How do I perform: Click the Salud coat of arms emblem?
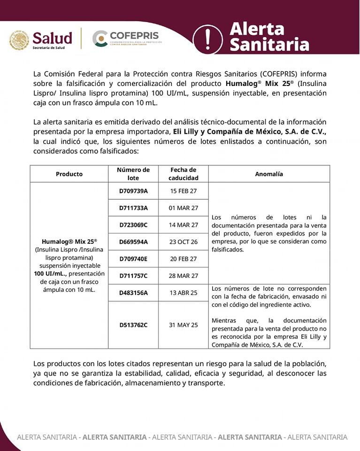[19, 40]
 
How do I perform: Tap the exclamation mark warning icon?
[207, 39]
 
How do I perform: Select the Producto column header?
[69, 174]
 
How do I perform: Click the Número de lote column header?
[133, 174]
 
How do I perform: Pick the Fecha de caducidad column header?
[183, 174]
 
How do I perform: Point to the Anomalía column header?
[269, 174]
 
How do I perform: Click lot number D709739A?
[133, 191]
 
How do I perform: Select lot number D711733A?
[133, 208]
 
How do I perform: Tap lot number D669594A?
[133, 241]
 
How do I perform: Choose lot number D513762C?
[133, 325]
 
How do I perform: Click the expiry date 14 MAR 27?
[183, 225]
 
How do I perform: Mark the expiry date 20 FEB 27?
[183, 258]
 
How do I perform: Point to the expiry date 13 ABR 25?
[183, 293]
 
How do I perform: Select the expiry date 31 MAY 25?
[183, 325]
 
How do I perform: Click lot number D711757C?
[133, 275]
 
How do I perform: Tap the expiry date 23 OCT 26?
[183, 241]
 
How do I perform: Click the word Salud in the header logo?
[52, 38]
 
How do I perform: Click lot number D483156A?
[133, 293]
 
